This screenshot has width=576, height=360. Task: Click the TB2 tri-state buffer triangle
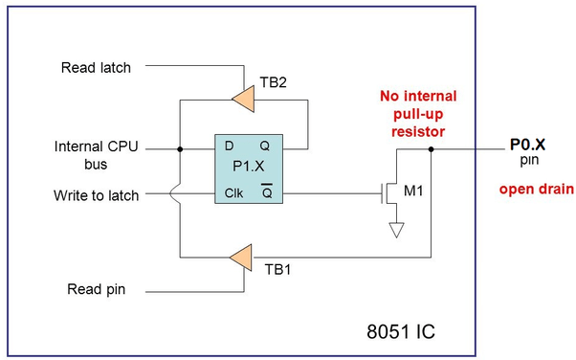[245, 99]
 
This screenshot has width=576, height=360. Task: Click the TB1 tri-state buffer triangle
[243, 258]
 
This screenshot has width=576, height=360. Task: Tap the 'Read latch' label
[96, 68]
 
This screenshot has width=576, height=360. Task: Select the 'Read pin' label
[97, 289]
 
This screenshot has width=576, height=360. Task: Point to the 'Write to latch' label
[97, 195]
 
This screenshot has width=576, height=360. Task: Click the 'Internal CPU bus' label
[97, 155]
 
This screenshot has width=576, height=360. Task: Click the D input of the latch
[230, 146]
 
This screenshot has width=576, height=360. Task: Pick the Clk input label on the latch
[233, 193]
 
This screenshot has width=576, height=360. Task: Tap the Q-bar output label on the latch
[267, 191]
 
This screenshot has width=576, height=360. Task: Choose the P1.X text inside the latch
[249, 167]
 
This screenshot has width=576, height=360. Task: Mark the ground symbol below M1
[397, 230]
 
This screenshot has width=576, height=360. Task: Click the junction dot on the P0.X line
[431, 149]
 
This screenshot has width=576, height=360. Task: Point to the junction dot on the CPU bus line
[180, 149]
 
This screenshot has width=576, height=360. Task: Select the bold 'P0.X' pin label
[527, 145]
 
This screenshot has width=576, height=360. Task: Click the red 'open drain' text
[537, 189]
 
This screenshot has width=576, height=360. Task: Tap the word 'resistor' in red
[418, 131]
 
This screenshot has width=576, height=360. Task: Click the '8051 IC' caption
[401, 331]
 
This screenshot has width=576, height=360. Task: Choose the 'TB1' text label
[277, 270]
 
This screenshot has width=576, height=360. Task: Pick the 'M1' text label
[413, 191]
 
